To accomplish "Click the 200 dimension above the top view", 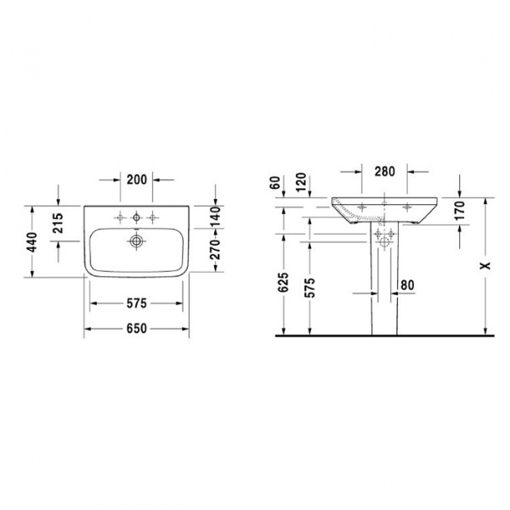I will [137, 179].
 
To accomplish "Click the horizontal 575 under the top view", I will [137, 303].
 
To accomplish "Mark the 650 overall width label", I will [137, 329].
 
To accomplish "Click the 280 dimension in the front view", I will [384, 172].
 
